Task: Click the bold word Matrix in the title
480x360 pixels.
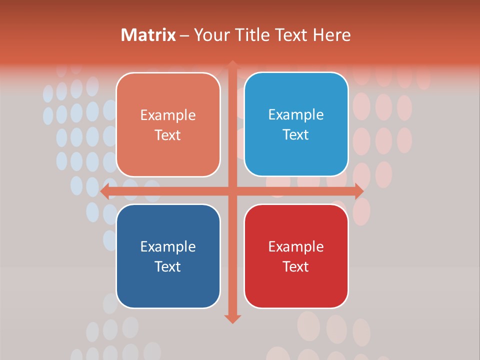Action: [148, 35]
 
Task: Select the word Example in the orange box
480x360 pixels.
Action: [168, 115]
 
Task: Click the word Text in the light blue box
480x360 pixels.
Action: [296, 134]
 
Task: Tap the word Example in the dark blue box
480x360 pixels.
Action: [168, 246]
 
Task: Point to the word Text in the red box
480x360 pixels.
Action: [296, 266]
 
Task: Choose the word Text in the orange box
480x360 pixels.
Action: [168, 135]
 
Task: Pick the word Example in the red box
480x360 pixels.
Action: [296, 246]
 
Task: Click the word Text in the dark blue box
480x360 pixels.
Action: [168, 266]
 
